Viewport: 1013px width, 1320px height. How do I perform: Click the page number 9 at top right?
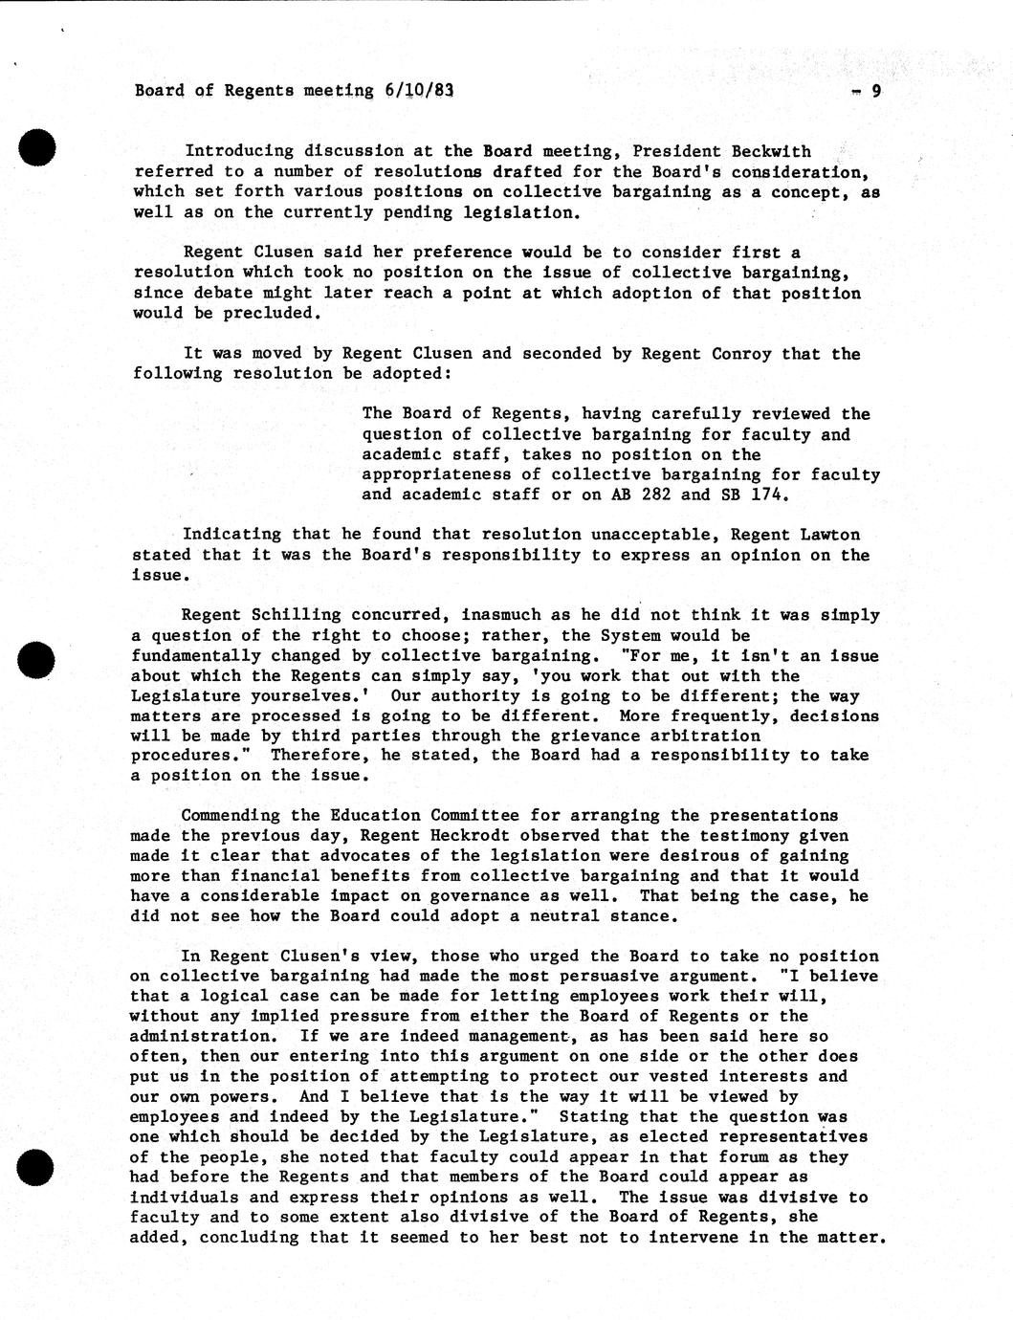point(875,92)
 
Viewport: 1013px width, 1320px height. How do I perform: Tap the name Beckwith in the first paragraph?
point(771,151)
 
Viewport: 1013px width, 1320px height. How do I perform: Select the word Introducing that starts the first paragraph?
point(239,151)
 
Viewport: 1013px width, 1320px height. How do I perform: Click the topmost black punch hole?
point(37,148)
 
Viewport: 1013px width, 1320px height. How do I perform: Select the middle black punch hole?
point(37,660)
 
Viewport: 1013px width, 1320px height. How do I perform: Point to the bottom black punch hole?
point(37,1168)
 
